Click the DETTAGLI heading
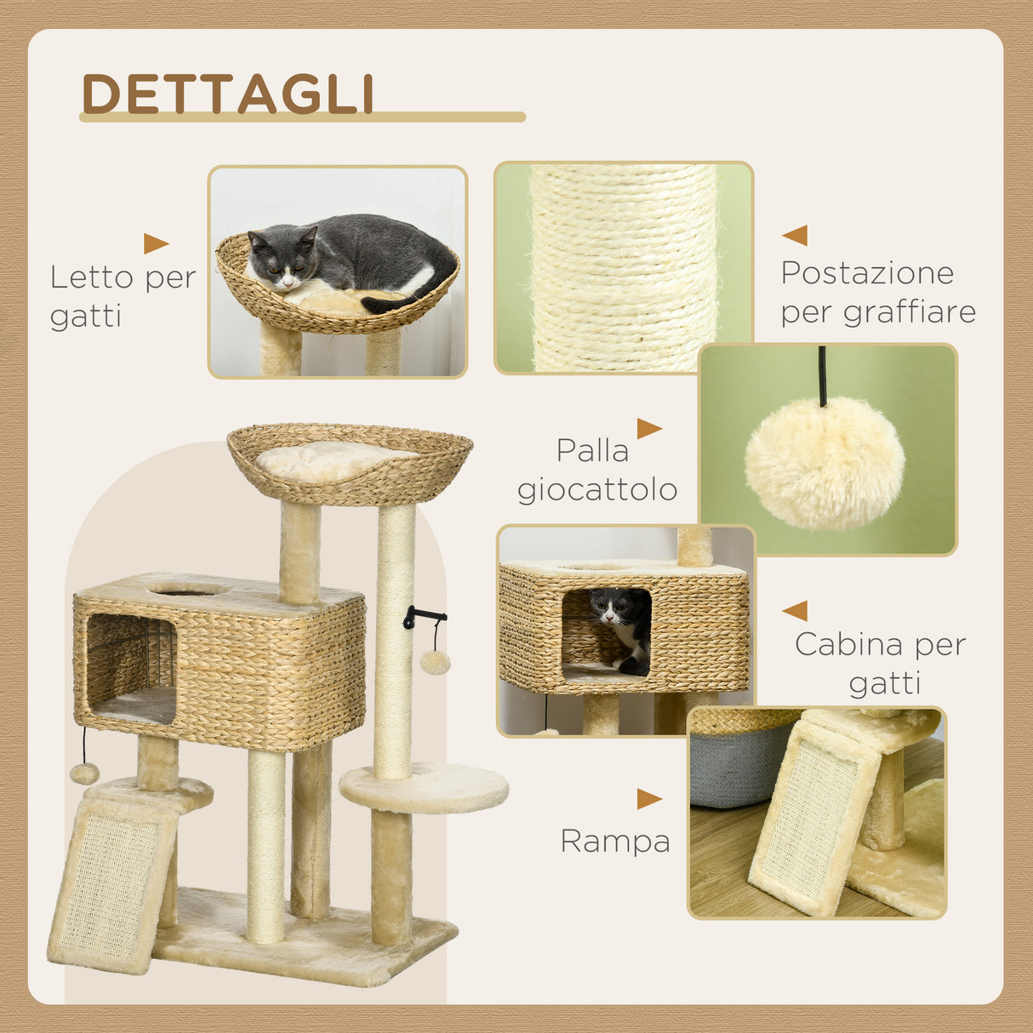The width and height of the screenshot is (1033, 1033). coord(228,94)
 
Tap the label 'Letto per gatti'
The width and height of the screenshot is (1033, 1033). coord(123,296)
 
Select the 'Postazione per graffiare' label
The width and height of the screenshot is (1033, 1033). coord(877,292)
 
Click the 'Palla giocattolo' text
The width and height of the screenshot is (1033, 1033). coord(596,470)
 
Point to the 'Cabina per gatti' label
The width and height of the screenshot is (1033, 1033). coord(881,663)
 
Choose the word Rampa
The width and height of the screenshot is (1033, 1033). coord(614,842)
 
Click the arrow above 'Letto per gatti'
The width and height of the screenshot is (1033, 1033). coord(156,244)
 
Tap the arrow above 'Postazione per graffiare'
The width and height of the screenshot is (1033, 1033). coord(795,236)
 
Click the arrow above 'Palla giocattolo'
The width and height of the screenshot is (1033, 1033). coord(649,429)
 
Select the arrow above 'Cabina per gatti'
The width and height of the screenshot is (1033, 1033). coord(795,611)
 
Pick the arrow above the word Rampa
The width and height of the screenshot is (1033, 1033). coord(649,799)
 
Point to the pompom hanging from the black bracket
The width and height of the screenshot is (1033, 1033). coord(435,662)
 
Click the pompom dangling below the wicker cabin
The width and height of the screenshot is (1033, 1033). coord(84,773)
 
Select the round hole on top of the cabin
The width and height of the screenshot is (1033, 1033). coord(187,589)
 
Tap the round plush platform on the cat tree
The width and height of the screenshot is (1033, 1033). coord(424,787)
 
